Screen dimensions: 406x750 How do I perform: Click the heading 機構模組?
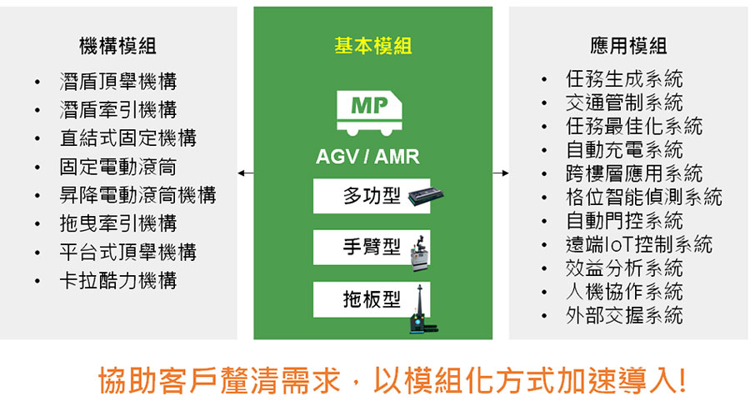point(117,46)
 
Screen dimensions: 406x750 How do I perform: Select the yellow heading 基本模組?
point(373,46)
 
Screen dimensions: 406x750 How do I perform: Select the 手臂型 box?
point(372,248)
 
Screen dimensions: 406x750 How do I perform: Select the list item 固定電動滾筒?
point(118,167)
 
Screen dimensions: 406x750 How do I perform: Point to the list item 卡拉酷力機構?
point(118,280)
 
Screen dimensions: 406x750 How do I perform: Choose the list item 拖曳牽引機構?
point(118,223)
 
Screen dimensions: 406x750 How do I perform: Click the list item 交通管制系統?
point(624,103)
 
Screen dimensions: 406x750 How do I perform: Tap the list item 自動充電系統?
point(624,150)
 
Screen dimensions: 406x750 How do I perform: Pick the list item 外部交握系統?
point(624,315)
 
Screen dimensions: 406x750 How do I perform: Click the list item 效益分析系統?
point(624,268)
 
